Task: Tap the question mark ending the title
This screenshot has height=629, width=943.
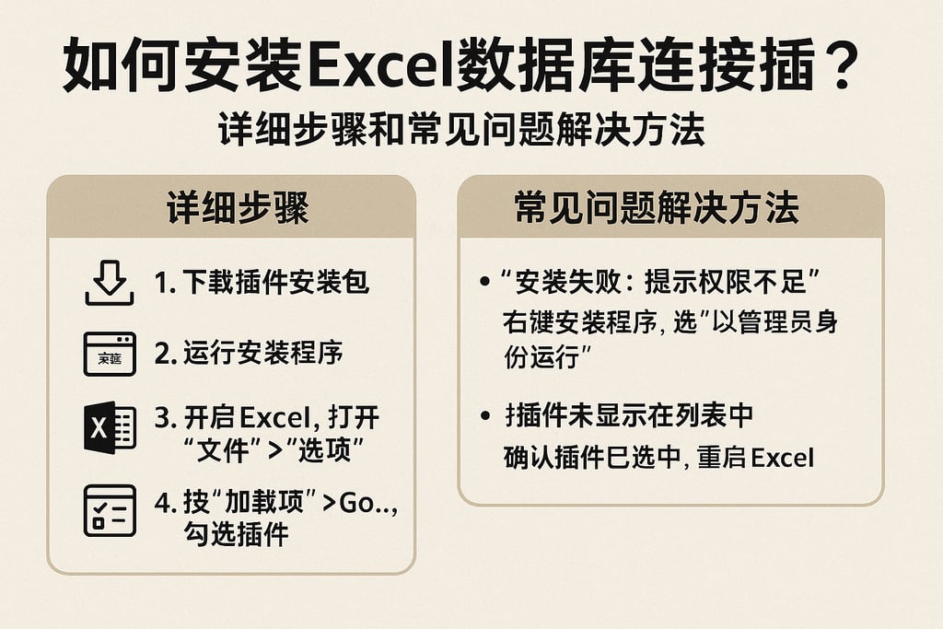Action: coord(856,66)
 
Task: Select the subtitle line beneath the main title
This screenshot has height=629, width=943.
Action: coord(461,130)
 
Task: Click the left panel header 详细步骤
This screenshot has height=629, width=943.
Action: coord(231,208)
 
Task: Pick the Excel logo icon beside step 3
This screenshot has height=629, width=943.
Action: coord(110,426)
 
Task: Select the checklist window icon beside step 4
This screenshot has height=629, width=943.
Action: coord(110,510)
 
